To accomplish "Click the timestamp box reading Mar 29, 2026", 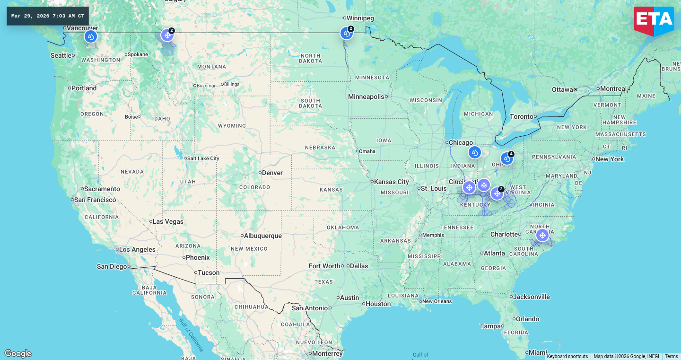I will pos(48,16).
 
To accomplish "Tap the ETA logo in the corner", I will pos(654,20).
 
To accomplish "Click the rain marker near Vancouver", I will pos(91,36).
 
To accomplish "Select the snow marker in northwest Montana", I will pos(167,35).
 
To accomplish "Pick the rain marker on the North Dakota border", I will pos(346,33).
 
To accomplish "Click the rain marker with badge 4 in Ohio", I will pos(506,158).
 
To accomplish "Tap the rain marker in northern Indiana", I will pos(474,152).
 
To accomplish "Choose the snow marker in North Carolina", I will pos(542,235).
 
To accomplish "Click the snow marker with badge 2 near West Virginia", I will pos(497,193).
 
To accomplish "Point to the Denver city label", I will pos(272,173).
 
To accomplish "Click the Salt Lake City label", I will pos(203,158).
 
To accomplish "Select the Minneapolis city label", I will pos(366,97).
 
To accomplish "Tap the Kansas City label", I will pos(392,182).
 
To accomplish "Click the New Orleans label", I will pos(437,301).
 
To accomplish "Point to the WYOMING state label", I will pos(232,126).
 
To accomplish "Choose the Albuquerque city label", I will pos(263,236).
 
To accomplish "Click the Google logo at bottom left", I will pos(18,353).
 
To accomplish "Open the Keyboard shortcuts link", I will pos(567,357).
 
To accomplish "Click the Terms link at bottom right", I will pos(671,357).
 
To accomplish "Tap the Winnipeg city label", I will pos(360,18).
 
